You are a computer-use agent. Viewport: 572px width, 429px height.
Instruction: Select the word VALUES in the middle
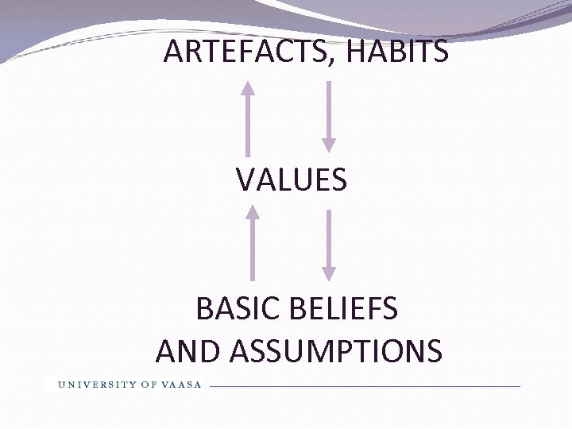click(292, 180)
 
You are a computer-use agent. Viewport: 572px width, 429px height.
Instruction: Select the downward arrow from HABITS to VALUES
click(328, 116)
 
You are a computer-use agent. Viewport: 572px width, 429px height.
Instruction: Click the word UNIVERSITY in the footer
click(96, 385)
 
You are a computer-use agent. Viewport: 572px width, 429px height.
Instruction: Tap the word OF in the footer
click(149, 385)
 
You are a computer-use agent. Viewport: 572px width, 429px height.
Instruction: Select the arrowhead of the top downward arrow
click(328, 145)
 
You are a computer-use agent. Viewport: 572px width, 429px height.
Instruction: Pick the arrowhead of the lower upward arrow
click(253, 211)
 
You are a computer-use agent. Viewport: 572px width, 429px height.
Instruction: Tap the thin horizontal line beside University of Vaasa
click(365, 386)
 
